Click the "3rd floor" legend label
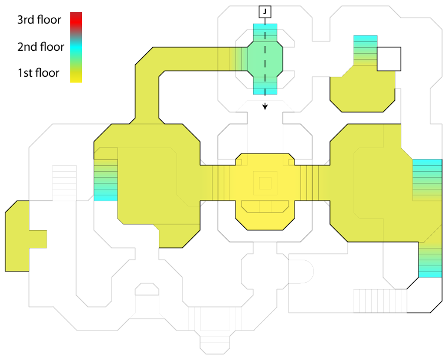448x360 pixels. (x=39, y=20)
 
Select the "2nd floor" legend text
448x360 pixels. (x=39, y=47)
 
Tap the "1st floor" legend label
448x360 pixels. (x=39, y=73)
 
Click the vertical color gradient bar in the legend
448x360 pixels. (x=76, y=47)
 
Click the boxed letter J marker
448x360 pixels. (x=265, y=11)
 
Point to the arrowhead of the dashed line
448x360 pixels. (x=265, y=107)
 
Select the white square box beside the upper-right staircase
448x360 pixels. (x=389, y=58)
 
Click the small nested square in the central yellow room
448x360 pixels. (x=265, y=183)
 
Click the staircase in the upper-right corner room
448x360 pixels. (x=365, y=50)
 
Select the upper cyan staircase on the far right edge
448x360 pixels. (x=427, y=179)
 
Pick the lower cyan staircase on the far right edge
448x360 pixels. (x=430, y=260)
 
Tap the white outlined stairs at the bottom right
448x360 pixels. (x=380, y=300)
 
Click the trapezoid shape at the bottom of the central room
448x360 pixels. (x=265, y=206)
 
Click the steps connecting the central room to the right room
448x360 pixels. (x=310, y=183)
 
